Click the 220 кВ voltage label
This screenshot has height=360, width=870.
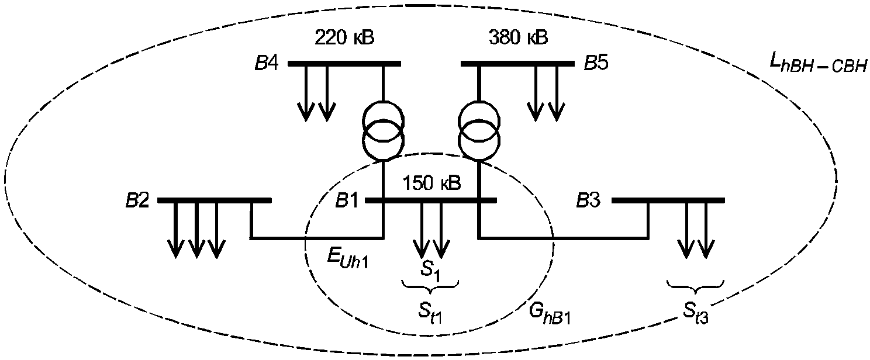click(x=344, y=38)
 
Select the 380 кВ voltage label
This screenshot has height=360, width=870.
click(x=518, y=38)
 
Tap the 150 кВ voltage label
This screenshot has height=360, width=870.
click(x=432, y=183)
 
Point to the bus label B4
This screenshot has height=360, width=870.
click(x=267, y=63)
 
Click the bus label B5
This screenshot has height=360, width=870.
click(x=596, y=63)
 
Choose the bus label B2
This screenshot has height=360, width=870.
click(x=137, y=200)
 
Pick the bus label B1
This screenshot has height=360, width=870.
click(x=347, y=201)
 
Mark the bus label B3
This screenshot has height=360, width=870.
click(x=588, y=200)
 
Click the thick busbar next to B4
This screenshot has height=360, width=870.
click(x=344, y=64)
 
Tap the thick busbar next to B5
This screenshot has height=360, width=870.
click(x=517, y=64)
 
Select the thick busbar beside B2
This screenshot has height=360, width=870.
click(x=215, y=200)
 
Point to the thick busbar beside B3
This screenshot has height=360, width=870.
click(x=668, y=200)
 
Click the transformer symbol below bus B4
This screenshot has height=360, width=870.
click(x=383, y=130)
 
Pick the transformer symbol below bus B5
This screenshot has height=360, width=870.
click(x=479, y=130)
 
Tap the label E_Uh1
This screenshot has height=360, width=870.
click(x=347, y=258)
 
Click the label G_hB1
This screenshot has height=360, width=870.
click(x=550, y=313)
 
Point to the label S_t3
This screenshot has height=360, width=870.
click(x=696, y=313)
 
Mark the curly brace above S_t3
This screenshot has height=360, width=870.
click(x=696, y=287)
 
